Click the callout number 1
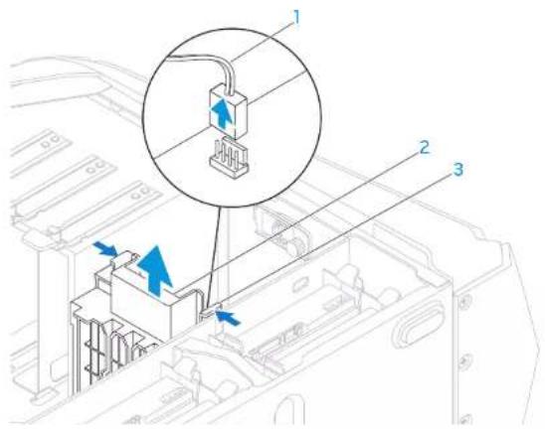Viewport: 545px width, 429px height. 296,17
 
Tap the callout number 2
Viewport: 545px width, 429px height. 424,148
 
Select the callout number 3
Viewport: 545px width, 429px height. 458,170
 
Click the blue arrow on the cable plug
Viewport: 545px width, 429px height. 222,113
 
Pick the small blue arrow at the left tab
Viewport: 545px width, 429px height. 104,248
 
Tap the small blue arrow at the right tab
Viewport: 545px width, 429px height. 228,317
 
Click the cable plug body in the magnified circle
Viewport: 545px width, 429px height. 228,109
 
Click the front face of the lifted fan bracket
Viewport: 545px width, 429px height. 141,306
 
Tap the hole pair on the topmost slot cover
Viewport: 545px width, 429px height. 52,140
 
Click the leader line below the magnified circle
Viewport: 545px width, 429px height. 215,257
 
